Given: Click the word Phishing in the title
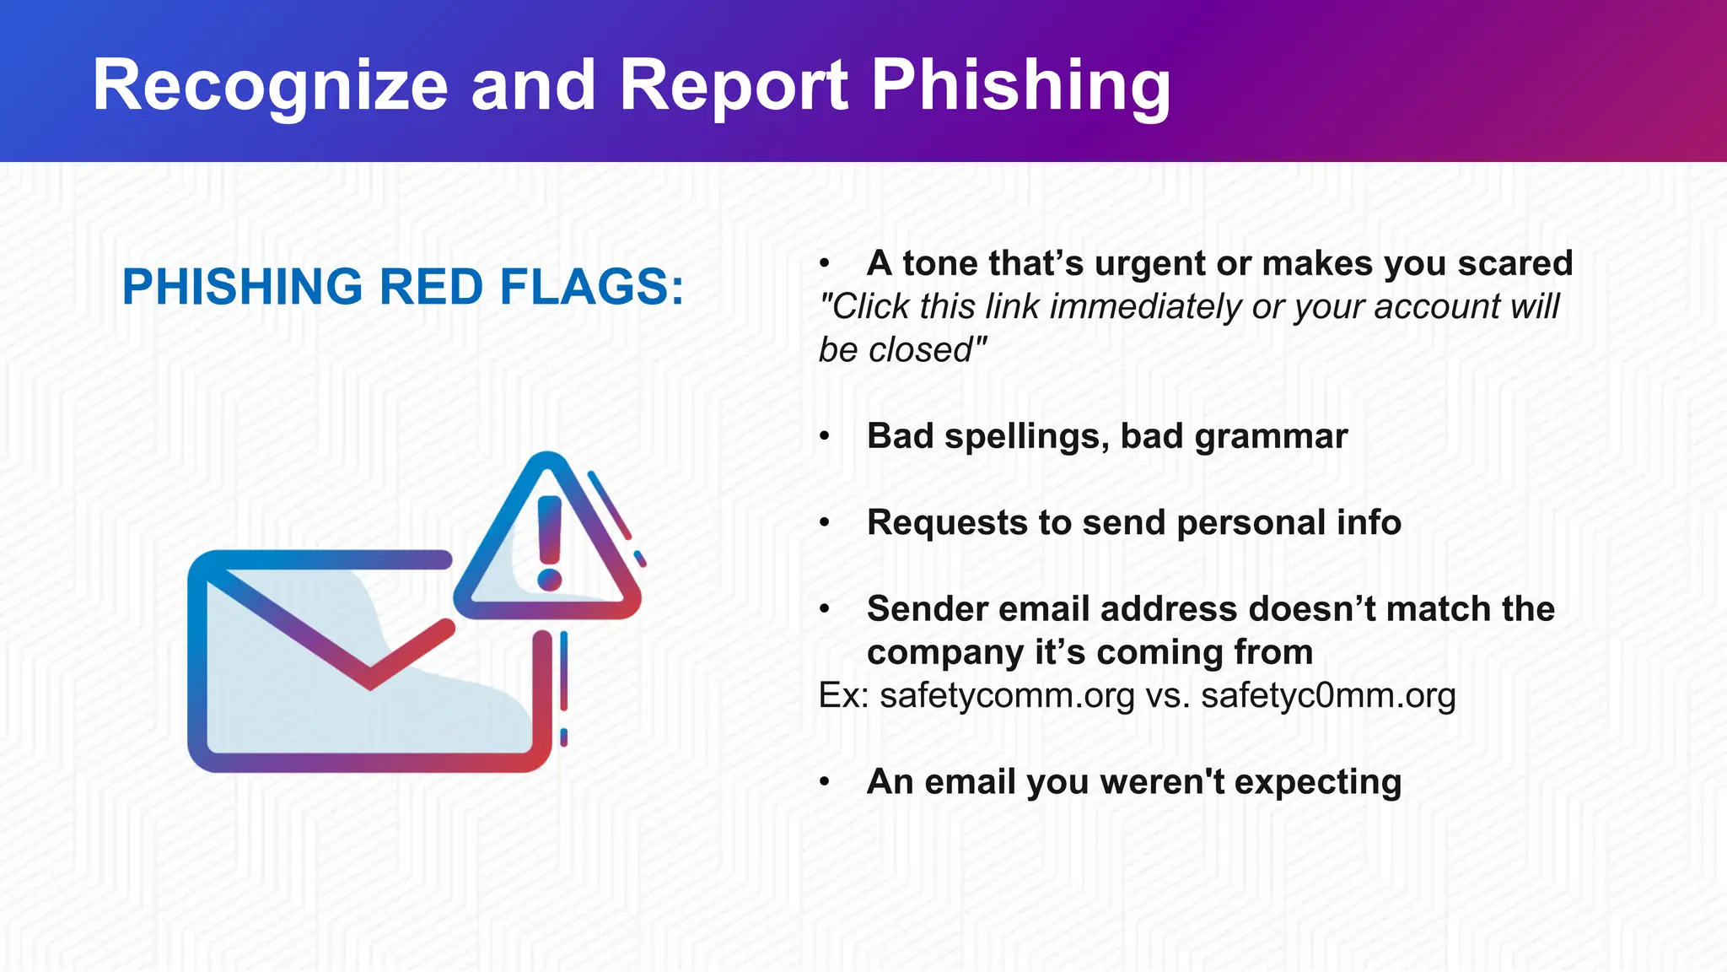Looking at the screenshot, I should [x=1020, y=86].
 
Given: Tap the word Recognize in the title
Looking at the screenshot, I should [x=270, y=86].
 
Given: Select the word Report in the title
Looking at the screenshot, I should [x=734, y=86].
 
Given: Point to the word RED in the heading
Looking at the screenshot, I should [x=431, y=287].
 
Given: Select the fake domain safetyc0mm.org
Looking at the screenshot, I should [x=1328, y=696].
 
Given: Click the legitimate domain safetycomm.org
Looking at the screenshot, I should [x=1007, y=696].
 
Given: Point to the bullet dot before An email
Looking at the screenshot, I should [x=825, y=782].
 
